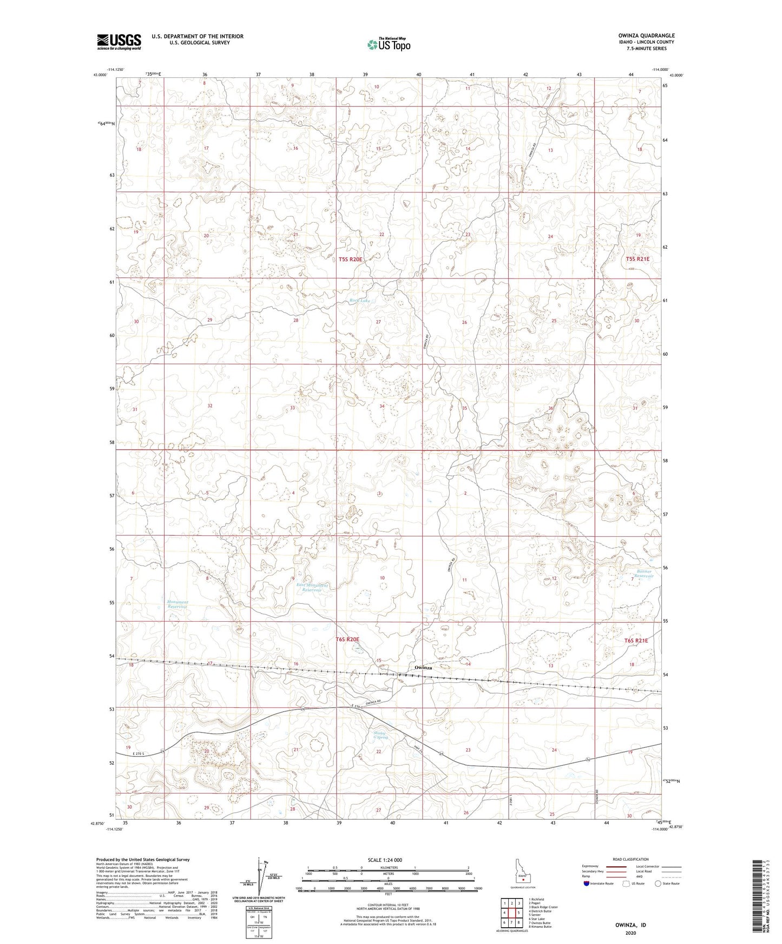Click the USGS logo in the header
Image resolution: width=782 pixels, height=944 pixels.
pyautogui.click(x=119, y=42)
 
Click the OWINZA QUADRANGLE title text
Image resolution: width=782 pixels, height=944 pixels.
pyautogui.click(x=646, y=36)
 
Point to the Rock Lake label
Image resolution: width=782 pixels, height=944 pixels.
pyautogui.click(x=359, y=301)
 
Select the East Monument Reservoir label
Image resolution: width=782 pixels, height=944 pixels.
pyautogui.click(x=312, y=588)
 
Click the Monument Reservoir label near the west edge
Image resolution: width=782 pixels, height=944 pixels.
pyautogui.click(x=177, y=604)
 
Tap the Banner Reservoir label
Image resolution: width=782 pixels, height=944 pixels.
pyautogui.click(x=644, y=574)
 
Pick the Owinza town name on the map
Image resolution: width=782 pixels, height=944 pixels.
pyautogui.click(x=423, y=668)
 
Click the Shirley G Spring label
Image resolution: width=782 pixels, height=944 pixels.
pyautogui.click(x=381, y=735)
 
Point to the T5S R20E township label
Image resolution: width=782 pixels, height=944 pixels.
pyautogui.click(x=350, y=260)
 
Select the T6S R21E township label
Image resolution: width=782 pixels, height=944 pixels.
pyautogui.click(x=636, y=640)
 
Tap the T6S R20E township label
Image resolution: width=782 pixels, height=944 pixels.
pyautogui.click(x=347, y=639)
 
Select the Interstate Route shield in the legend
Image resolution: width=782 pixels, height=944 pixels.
pyautogui.click(x=587, y=883)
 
